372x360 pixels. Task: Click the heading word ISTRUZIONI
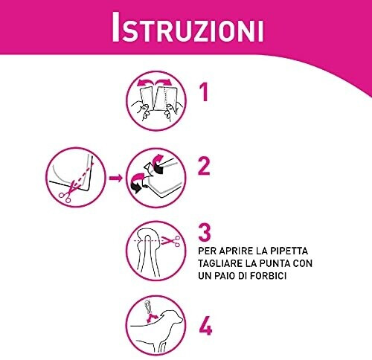click(187, 27)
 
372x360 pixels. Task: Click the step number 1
click(204, 92)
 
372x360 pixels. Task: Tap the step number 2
click(204, 167)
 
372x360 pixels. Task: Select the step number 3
click(205, 233)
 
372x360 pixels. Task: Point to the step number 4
click(205, 326)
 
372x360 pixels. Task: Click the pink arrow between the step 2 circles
click(115, 178)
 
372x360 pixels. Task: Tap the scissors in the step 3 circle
click(170, 240)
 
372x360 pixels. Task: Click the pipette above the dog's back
click(148, 306)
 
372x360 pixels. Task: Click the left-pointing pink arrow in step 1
click(147, 83)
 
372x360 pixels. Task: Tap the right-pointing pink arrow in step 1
click(162, 83)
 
